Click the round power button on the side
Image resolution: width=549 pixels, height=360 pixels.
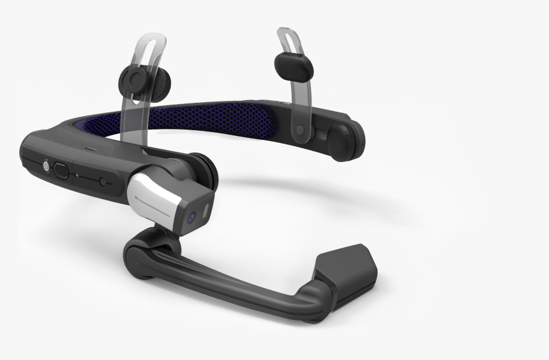(x=46, y=165)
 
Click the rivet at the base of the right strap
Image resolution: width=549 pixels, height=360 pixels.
(x=300, y=130)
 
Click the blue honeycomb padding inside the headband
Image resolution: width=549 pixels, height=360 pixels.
(x=211, y=121)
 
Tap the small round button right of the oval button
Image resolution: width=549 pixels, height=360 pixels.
(x=103, y=181)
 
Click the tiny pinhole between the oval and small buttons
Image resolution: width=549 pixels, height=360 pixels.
(x=77, y=174)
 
